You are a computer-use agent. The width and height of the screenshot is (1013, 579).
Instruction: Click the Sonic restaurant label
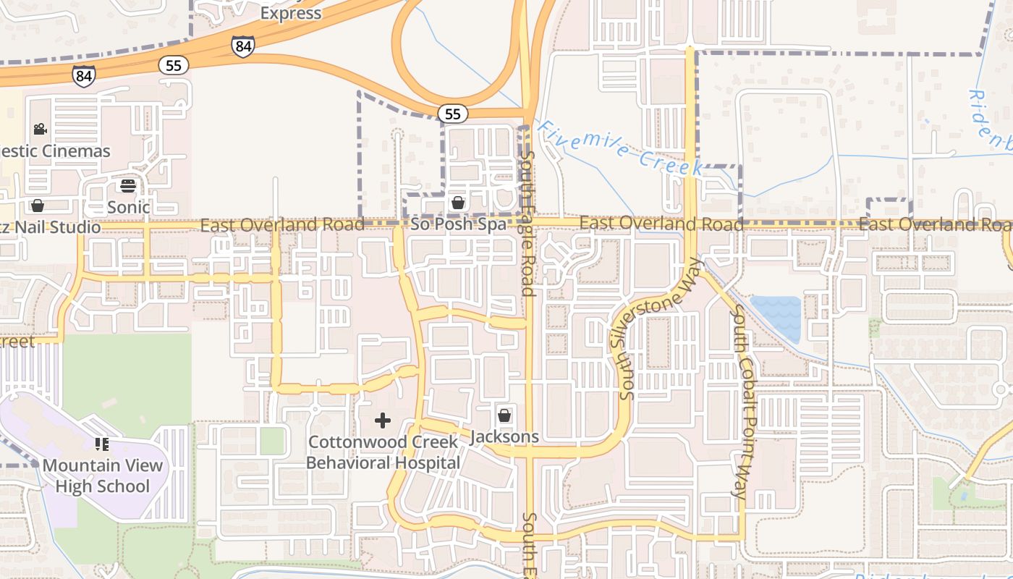point(128,207)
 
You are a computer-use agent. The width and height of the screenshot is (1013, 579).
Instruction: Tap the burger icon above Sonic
point(128,186)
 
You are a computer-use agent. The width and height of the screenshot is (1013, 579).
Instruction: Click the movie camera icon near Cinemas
point(40,130)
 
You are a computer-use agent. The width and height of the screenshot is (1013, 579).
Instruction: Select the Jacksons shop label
point(504,436)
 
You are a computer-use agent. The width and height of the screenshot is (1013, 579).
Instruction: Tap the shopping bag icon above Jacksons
point(504,415)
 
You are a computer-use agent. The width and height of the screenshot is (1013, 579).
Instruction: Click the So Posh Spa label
point(458,224)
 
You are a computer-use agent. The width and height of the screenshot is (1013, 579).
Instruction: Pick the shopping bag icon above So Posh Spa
point(458,203)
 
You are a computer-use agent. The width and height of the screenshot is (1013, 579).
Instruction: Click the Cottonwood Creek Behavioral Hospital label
point(383,452)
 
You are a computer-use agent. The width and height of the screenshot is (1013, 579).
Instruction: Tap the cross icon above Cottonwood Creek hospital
point(383,420)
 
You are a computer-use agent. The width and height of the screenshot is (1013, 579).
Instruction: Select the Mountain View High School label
point(102,476)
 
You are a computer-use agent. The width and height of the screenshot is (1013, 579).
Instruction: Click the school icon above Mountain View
point(102,444)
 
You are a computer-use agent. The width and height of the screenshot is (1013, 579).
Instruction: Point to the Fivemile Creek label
point(621,148)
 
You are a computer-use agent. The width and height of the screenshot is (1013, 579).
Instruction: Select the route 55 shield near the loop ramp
point(453,114)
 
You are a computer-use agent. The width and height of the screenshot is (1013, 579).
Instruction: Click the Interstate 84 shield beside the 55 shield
point(243,46)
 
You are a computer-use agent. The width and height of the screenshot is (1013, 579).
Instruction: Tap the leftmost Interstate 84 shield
point(83,75)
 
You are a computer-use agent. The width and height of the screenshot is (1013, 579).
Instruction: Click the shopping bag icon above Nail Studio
point(38,206)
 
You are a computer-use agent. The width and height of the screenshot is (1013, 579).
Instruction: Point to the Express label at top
point(290,13)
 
